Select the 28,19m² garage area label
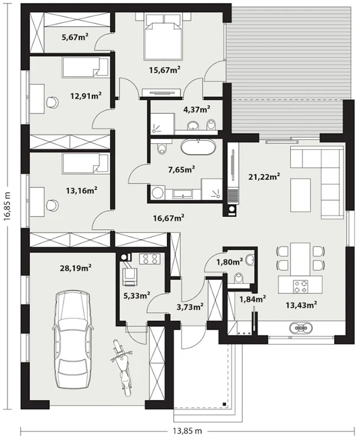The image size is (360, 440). (76, 268)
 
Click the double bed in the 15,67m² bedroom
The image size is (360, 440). (163, 37)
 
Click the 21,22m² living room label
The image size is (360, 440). (264, 177)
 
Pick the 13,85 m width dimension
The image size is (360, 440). (187, 430)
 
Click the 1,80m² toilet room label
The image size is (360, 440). (229, 262)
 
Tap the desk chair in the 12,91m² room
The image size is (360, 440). (52, 102)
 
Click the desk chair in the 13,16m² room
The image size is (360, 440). (52, 205)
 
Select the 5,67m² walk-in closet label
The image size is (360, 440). (75, 37)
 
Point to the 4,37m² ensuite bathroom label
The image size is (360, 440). (197, 109)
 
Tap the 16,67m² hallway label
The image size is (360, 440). (169, 218)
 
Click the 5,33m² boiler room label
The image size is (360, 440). (137, 295)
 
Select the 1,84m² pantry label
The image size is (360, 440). (253, 299)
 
